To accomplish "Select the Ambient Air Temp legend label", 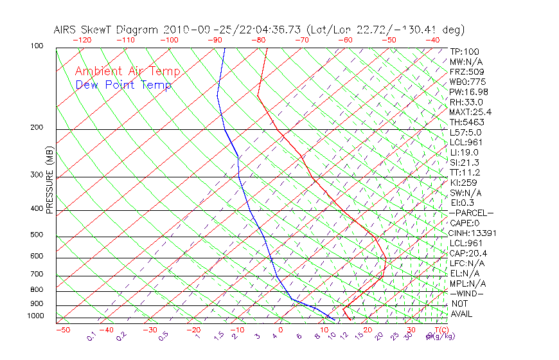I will pyautogui.click(x=128, y=71).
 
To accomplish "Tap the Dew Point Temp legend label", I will pyautogui.click(x=123, y=85).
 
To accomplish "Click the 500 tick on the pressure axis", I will pyautogui.click(x=37, y=235).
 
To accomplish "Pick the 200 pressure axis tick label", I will pyautogui.click(x=37, y=128).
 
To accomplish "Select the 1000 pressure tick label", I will pyautogui.click(x=35, y=316).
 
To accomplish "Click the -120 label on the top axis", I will pyautogui.click(x=82, y=40).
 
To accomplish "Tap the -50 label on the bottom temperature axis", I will pyautogui.click(x=62, y=330).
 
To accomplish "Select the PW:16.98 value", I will pyautogui.click(x=469, y=92).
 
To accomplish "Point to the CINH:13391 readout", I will pyautogui.click(x=474, y=233).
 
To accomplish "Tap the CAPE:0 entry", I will pyautogui.click(x=467, y=223).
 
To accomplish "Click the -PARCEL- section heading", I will pyautogui.click(x=471, y=213).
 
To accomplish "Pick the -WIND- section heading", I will pyautogui.click(x=467, y=293).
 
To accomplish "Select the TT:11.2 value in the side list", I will pyautogui.click(x=465, y=172).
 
